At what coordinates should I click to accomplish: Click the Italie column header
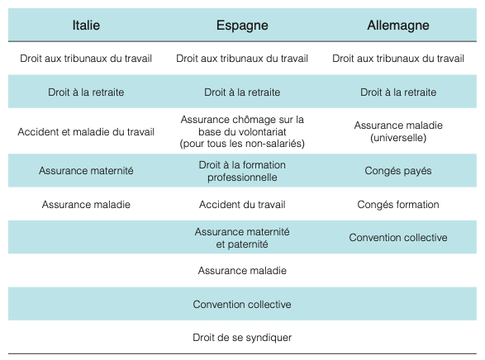pos(86,26)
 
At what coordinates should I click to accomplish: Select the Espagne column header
pos(242,26)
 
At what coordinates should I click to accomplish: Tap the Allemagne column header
pos(398,26)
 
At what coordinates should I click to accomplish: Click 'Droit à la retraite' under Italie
pos(86,92)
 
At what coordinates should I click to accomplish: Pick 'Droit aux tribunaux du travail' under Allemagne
pos(398,59)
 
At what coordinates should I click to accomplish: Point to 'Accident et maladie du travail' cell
pos(86,132)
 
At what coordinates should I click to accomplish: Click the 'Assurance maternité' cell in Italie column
pos(86,171)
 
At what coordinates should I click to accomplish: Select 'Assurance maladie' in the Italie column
pos(86,205)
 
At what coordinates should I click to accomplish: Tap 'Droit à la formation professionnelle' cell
pos(242,171)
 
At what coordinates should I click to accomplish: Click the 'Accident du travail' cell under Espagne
pos(242,205)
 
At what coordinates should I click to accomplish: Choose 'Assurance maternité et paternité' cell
pos(242,238)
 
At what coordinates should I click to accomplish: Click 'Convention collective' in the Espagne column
pos(242,305)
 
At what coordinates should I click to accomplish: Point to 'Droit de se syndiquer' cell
pos(242,338)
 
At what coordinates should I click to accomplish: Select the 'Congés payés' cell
pos(398,171)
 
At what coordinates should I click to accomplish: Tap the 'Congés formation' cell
pos(398,205)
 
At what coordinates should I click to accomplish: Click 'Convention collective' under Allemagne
pos(398,237)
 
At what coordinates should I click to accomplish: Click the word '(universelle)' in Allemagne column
pos(398,138)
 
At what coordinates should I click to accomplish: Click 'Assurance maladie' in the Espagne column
pos(242,271)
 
